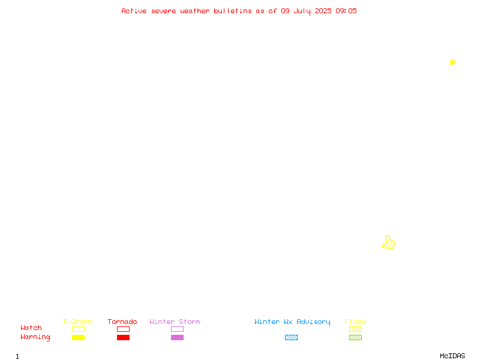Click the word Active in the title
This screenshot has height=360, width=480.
(134, 11)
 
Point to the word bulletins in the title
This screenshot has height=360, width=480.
(233, 11)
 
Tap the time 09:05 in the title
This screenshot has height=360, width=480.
(346, 11)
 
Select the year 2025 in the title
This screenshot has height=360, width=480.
(323, 11)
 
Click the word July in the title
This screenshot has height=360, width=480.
(302, 11)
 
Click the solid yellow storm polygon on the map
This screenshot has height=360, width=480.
(452, 62)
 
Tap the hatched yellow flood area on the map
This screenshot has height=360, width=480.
(389, 243)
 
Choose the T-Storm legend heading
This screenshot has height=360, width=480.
(77, 322)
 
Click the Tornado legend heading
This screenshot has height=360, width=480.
(122, 322)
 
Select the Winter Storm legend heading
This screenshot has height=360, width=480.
(175, 322)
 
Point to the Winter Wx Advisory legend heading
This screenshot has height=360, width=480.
(292, 322)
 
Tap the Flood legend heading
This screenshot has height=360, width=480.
(355, 322)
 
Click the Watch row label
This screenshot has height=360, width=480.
(31, 328)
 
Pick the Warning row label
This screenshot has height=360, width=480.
(35, 337)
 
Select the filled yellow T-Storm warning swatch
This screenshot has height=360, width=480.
(79, 337)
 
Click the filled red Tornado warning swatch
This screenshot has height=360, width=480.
(124, 337)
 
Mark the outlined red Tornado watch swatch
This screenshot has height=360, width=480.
(124, 326)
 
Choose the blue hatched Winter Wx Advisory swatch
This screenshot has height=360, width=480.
(291, 337)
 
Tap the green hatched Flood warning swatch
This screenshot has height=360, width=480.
(355, 337)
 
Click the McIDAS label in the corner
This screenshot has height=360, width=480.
(452, 356)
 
